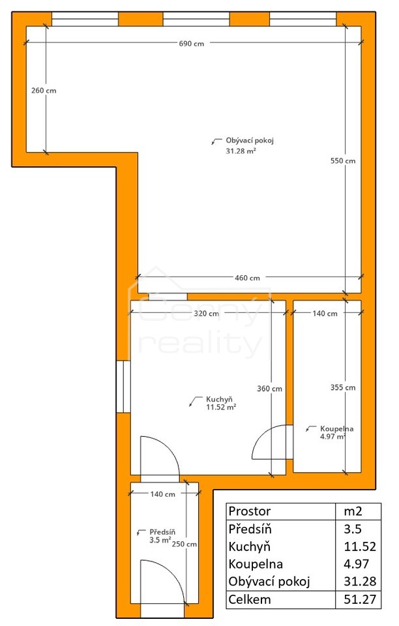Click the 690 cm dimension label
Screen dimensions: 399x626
(x=192, y=44)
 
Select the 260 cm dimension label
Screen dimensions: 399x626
(x=44, y=91)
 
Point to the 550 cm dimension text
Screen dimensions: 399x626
(x=343, y=161)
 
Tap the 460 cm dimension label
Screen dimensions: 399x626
(x=247, y=278)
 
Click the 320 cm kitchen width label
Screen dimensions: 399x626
(x=206, y=314)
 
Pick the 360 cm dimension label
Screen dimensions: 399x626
(x=269, y=389)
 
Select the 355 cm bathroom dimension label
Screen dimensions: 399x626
(x=343, y=387)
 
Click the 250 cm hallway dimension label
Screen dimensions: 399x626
(x=185, y=544)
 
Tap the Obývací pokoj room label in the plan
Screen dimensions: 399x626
(x=250, y=141)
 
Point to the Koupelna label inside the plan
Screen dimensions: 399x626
(x=337, y=429)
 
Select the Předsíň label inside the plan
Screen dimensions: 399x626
(x=162, y=532)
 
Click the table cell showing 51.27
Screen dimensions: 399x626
(x=360, y=599)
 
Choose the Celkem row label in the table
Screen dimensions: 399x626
(x=250, y=599)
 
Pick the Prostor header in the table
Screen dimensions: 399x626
(x=250, y=511)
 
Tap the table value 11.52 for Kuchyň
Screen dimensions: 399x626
(x=360, y=546)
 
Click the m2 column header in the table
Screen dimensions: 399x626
(x=353, y=511)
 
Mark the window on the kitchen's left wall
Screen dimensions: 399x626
(x=123, y=387)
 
